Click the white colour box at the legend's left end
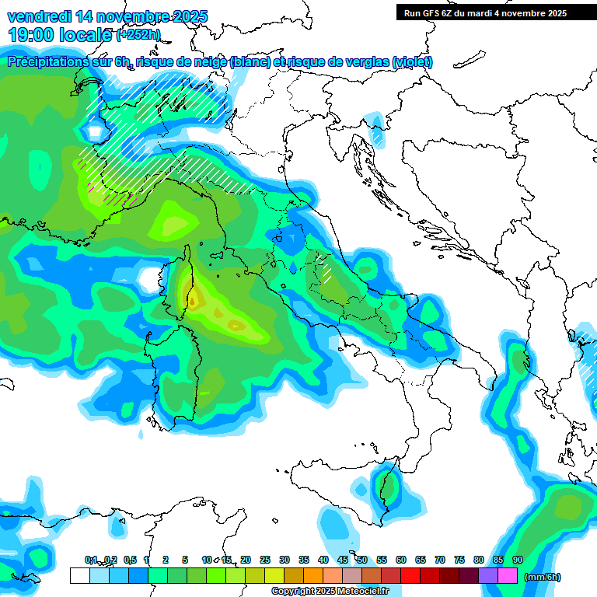pyautogui.click(x=79, y=575)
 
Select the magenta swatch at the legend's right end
pyautogui.click(x=508, y=575)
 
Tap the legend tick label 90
pyautogui.click(x=518, y=560)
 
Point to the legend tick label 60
pyautogui.click(x=401, y=560)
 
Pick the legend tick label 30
pyautogui.click(x=285, y=560)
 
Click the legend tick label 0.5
pyautogui.click(x=129, y=560)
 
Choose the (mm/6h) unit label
pyautogui.click(x=543, y=577)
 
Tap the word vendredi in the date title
pyautogui.click(x=39, y=16)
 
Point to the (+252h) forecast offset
pyautogui.click(x=138, y=35)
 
